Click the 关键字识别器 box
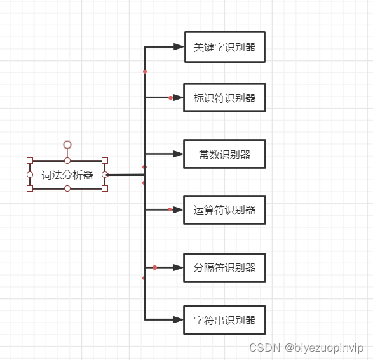tap(224, 47)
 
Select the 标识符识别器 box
tap(224, 98)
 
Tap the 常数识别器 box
tap(224, 154)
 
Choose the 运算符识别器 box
tap(224, 210)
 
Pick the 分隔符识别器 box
tap(224, 267)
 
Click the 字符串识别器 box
tap(224, 320)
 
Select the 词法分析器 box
tap(67, 175)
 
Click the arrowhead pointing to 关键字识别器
tap(179, 46)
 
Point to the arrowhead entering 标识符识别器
tap(179, 98)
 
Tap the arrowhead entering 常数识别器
tap(179, 154)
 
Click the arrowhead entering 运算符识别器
tap(179, 210)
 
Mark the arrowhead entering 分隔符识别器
tap(179, 267)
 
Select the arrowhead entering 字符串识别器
tap(179, 319)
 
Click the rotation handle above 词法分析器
tap(67, 145)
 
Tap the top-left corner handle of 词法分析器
tap(30, 161)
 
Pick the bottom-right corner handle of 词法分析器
tap(105, 188)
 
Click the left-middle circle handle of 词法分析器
tap(30, 175)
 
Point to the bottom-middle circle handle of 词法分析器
tap(67, 189)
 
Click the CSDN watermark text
tap(306, 347)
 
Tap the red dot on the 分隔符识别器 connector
tap(154, 267)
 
